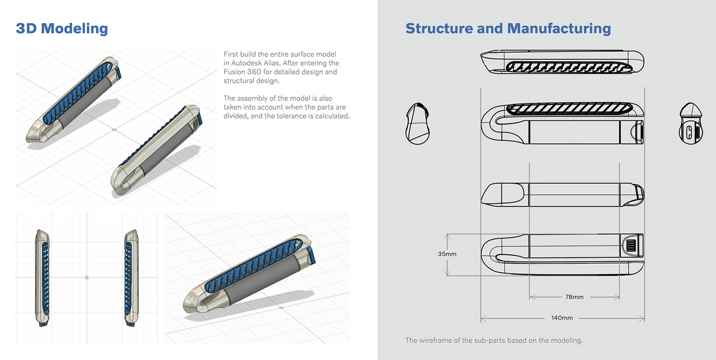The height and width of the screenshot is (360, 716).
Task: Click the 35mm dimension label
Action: click(447, 254)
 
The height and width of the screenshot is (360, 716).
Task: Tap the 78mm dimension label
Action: click(574, 297)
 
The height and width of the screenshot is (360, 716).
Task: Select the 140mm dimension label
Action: click(562, 318)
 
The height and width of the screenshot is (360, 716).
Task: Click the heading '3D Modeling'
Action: click(62, 29)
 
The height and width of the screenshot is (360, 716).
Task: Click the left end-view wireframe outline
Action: click(417, 124)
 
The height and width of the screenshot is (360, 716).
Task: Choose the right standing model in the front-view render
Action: click(130, 278)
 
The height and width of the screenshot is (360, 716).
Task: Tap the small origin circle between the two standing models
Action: click(86, 277)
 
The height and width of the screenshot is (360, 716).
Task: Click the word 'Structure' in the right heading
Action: click(439, 29)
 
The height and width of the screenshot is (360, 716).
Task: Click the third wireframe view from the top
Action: click(562, 194)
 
